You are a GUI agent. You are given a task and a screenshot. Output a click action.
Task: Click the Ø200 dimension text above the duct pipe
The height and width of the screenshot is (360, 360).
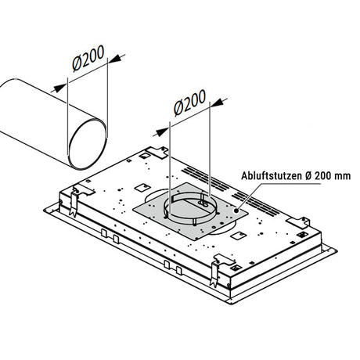[88, 58]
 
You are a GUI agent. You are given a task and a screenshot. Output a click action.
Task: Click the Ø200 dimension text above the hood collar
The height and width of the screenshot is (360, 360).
[190, 103]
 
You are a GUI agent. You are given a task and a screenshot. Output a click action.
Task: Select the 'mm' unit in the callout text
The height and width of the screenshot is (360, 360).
[344, 176]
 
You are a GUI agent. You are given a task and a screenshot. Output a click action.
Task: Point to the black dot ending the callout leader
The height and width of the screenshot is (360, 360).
[236, 211]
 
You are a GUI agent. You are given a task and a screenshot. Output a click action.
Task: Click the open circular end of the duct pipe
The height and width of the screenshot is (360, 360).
[88, 144]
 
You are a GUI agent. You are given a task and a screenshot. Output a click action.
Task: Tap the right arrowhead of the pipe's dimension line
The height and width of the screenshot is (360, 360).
[115, 59]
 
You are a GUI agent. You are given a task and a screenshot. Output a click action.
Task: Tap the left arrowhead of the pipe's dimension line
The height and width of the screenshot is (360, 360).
[60, 88]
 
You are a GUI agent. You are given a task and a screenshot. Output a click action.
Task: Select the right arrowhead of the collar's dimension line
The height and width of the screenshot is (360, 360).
[218, 103]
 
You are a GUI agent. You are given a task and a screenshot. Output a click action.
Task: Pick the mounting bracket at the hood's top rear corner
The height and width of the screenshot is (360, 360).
[157, 153]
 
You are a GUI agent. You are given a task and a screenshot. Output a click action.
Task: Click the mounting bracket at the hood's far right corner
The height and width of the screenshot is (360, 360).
[298, 222]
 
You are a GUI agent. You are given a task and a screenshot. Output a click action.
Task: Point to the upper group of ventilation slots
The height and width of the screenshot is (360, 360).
[206, 178]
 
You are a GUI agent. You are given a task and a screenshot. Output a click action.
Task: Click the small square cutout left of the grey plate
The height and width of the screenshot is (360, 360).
[142, 187]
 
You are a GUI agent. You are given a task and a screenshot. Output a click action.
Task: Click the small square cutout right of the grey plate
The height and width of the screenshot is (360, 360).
[239, 236]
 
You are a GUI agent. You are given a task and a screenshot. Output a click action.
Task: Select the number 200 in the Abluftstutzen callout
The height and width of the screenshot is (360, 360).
[324, 176]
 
